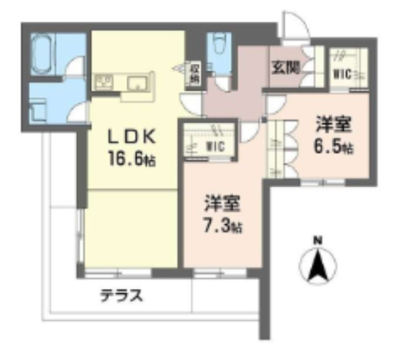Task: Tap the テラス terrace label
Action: point(121,296)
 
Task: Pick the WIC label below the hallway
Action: point(214,147)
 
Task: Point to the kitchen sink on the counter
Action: point(136,82)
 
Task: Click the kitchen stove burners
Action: point(102,82)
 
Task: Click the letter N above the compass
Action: point(317,240)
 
